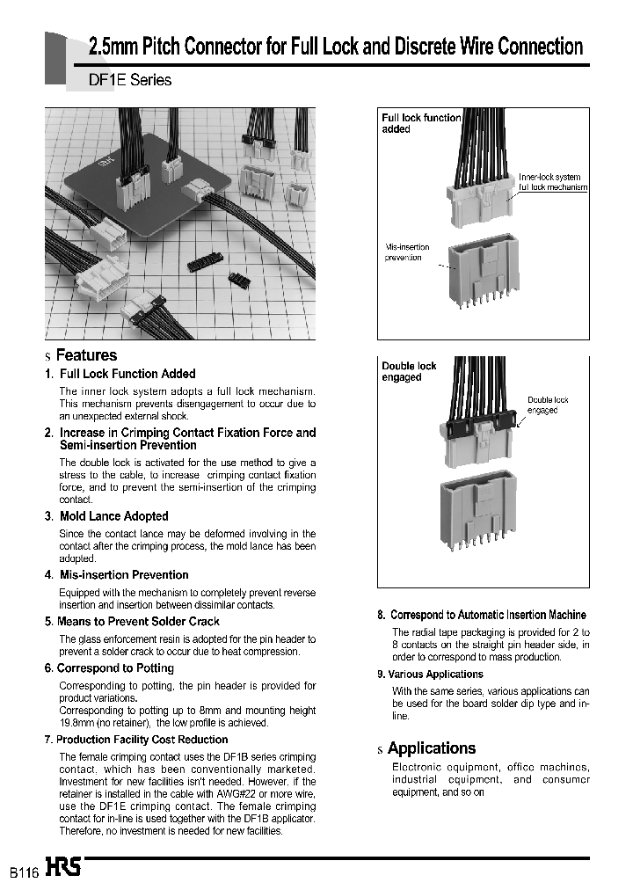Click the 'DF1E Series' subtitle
point(130,80)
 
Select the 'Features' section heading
point(85,355)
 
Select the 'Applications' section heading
point(431,748)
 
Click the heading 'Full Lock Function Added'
point(127,374)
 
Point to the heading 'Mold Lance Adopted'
point(113,516)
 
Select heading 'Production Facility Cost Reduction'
point(142,740)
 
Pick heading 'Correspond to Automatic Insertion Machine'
point(487,615)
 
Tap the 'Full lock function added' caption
point(420,123)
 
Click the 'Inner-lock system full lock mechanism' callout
point(552,182)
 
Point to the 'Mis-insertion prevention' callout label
point(406,252)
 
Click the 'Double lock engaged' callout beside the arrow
point(548,405)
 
